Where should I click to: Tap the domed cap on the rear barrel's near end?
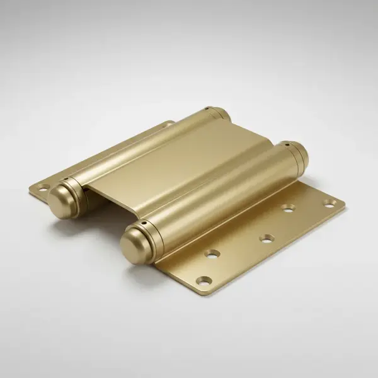click(60, 200)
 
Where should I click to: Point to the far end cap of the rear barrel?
click(219, 114)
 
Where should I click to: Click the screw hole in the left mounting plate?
click(42, 187)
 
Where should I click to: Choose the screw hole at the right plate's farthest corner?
click(328, 203)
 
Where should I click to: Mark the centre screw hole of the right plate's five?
click(266, 238)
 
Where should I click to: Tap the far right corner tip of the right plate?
click(344, 203)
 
